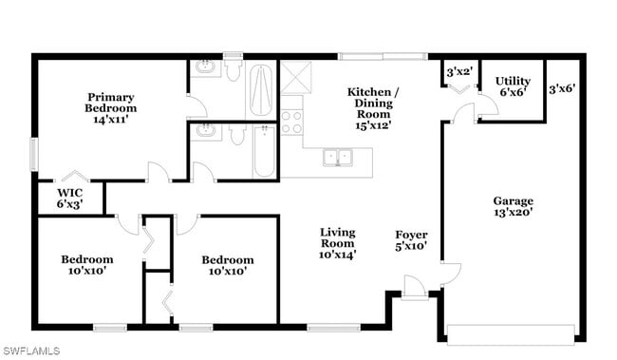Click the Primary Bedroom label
point(110,108)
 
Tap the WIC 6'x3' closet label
point(70,199)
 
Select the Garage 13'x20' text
point(514,206)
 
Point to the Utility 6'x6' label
point(513,86)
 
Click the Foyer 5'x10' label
point(411,240)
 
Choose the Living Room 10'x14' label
point(337,243)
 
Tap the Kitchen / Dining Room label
point(373,108)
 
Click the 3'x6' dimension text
point(562,88)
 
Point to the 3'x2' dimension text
point(459,72)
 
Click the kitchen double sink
point(338,158)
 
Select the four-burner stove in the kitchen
point(291,123)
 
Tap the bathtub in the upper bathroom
point(261,90)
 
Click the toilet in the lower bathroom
point(237,135)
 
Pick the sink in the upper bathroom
point(205,67)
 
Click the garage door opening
point(511,334)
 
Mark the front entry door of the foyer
point(415,289)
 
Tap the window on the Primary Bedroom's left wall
point(34,155)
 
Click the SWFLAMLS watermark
point(31,351)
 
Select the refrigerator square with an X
point(296,77)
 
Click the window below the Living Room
point(334,328)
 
